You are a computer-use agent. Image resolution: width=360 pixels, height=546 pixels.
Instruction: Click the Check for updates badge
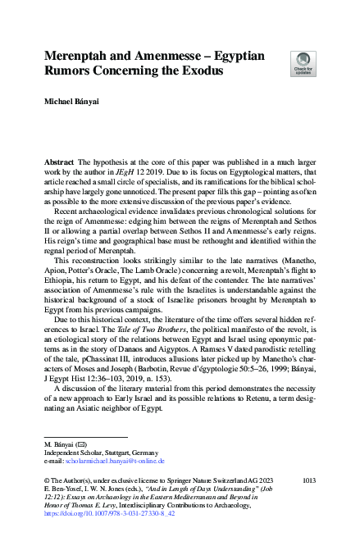[x=303, y=61]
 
